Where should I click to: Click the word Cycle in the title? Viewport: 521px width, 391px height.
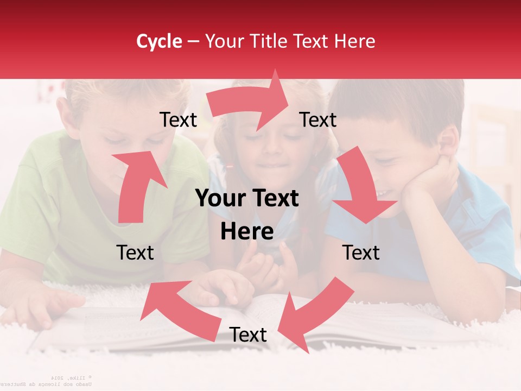159,41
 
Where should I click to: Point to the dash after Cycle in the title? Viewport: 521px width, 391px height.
193,42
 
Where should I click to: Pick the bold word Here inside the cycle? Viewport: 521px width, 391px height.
247,232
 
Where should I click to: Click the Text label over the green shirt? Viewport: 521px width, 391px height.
135,253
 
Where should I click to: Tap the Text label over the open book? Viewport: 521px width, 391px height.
248,335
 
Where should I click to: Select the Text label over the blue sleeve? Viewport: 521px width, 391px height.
361,253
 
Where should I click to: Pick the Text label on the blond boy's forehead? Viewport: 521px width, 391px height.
178,120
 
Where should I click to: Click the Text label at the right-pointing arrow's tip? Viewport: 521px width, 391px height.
318,120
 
